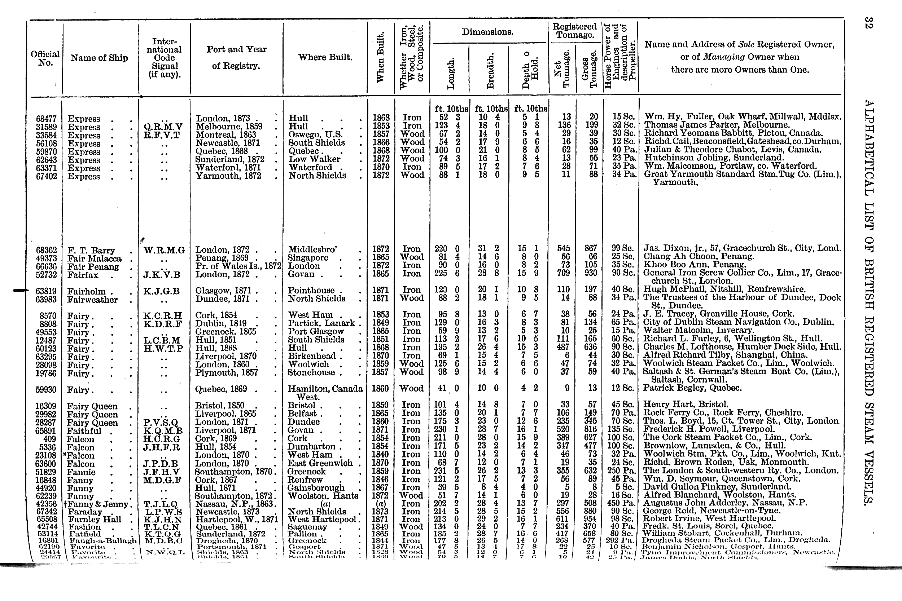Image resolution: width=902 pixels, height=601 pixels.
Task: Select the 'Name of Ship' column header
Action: pyautogui.click(x=99, y=58)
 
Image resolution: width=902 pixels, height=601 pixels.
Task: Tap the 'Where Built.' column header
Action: pyautogui.click(x=325, y=57)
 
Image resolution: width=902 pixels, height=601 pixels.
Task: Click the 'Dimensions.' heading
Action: pyautogui.click(x=487, y=32)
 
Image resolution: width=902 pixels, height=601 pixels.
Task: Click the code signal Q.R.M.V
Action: pyautogui.click(x=163, y=127)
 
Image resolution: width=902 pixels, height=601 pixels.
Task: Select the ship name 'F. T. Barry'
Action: pyautogui.click(x=91, y=251)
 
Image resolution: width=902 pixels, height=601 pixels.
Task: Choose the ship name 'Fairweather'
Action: pyautogui.click(x=92, y=300)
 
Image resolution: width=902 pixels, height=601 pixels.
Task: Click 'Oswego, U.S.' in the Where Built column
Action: pyautogui.click(x=315, y=134)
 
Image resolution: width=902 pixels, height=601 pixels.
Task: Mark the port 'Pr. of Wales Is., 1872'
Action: pyautogui.click(x=238, y=266)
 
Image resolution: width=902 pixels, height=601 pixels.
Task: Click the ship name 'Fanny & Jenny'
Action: pyautogui.click(x=98, y=504)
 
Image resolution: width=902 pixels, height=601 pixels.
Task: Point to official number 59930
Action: pyautogui.click(x=46, y=390)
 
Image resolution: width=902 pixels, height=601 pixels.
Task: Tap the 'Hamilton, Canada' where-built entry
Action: pyautogui.click(x=325, y=389)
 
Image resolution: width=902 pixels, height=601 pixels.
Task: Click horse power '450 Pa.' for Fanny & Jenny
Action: pyautogui.click(x=621, y=503)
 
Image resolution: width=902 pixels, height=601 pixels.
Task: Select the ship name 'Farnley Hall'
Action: pyautogui.click(x=94, y=520)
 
